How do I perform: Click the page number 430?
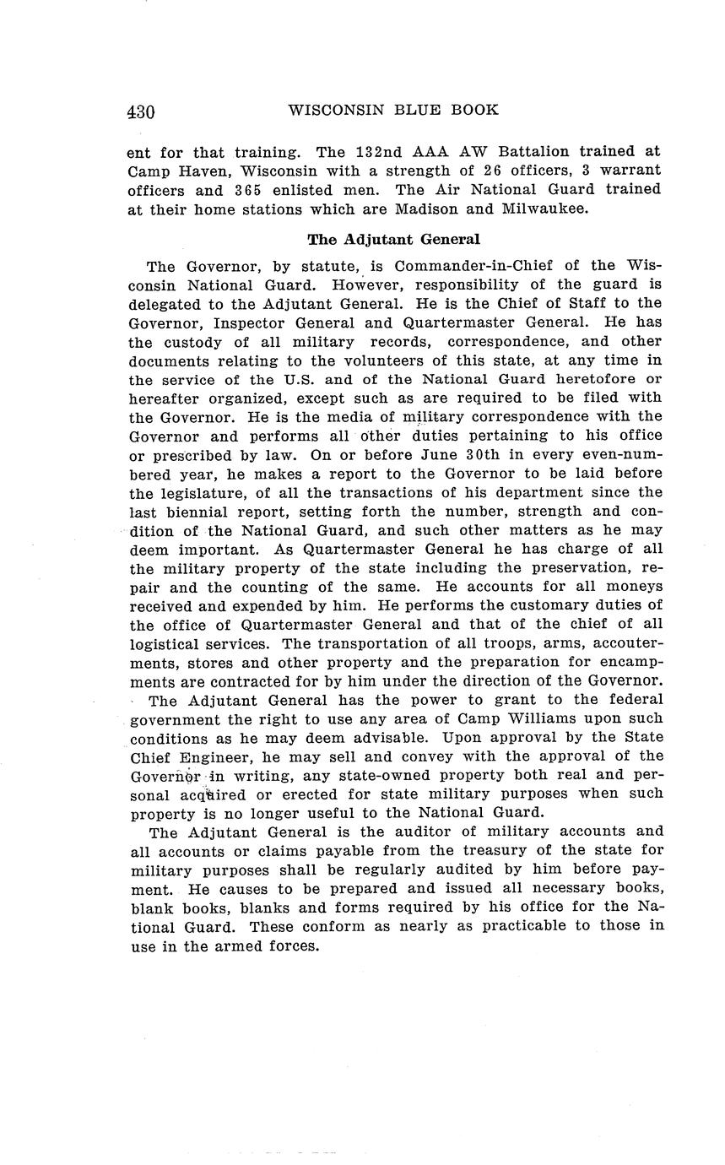(x=141, y=111)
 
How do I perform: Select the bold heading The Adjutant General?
(x=393, y=240)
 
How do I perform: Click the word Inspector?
(x=270, y=322)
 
